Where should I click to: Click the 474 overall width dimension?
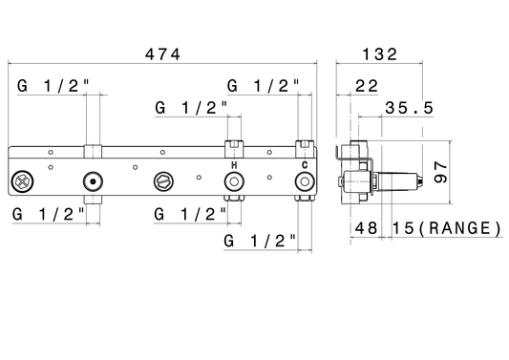click(x=162, y=54)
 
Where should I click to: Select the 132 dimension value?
click(x=379, y=54)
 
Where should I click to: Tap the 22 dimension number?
click(x=367, y=86)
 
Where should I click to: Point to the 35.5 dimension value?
click(x=409, y=108)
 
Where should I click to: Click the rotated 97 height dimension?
click(x=440, y=172)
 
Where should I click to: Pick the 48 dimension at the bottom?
click(x=366, y=228)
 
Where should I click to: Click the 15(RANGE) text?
click(x=447, y=228)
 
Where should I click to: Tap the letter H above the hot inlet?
click(x=234, y=165)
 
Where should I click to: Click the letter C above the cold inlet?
click(x=305, y=165)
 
